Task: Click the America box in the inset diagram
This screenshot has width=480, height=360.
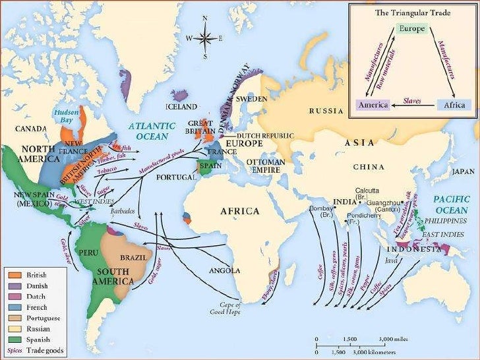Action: tap(373, 104)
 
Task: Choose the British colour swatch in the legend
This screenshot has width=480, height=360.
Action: tap(15, 274)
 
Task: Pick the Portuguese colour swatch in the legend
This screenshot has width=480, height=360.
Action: tap(15, 317)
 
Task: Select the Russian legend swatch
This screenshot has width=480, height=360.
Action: tap(15, 328)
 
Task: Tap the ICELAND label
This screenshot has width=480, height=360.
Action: tap(181, 107)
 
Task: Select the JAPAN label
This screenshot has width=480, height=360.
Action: tap(463, 171)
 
